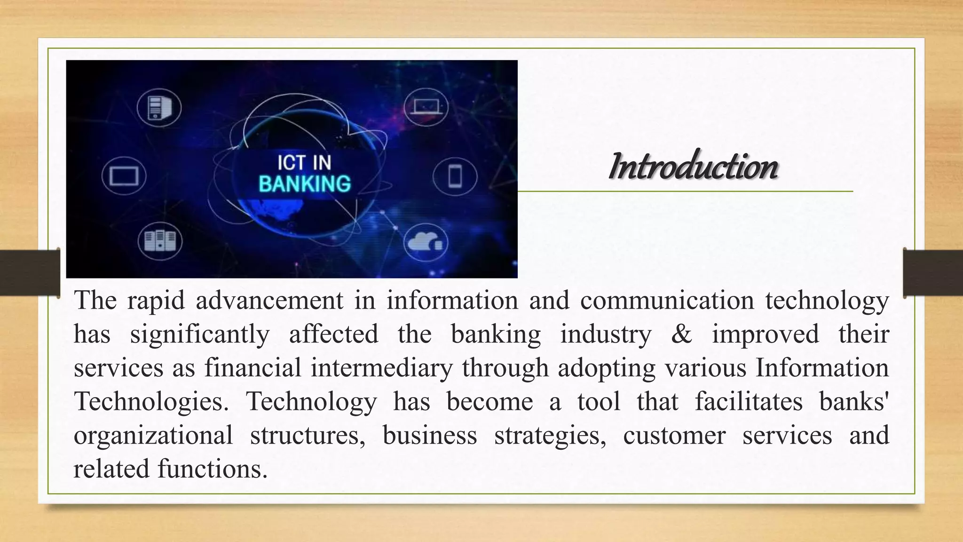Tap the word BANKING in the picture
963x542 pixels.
click(305, 184)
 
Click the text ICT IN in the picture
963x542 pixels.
click(304, 163)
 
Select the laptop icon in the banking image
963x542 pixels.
click(426, 107)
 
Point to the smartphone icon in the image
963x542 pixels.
click(455, 176)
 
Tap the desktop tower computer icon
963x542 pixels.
click(159, 108)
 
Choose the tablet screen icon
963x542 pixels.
click(124, 176)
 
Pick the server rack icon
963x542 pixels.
click(160, 241)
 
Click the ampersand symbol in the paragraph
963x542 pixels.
click(681, 334)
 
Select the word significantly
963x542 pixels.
click(200, 334)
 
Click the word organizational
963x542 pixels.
click(153, 435)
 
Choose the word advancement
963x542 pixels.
click(269, 300)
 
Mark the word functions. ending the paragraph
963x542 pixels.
click(213, 469)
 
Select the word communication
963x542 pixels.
click(667, 300)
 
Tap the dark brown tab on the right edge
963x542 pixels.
click(933, 273)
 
